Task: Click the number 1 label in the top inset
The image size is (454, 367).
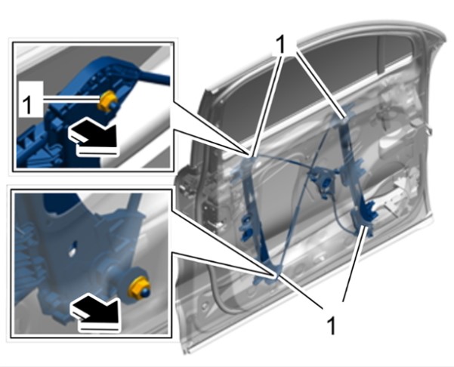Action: (27, 106)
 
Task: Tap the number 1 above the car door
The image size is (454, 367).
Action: (280, 45)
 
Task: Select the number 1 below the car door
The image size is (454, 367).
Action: (331, 325)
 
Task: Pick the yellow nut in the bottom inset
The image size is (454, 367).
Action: (139, 288)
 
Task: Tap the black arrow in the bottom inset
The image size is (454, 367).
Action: (94, 310)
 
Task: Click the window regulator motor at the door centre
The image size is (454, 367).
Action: (324, 182)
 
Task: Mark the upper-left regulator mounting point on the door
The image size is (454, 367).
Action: (250, 156)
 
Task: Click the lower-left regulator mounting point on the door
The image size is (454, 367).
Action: (274, 276)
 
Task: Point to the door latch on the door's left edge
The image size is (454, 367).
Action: (211, 214)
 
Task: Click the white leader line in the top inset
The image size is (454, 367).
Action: (71, 100)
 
